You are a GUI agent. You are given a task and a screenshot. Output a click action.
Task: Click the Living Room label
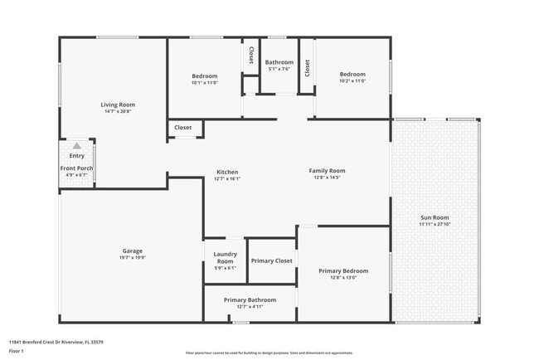[118, 105]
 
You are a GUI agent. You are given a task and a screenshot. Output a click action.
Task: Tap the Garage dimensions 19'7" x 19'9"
[133, 257]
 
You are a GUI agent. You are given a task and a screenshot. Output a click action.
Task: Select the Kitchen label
[227, 172]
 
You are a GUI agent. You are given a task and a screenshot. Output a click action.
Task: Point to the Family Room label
[327, 171]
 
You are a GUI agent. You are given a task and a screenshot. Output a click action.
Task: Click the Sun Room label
[435, 217]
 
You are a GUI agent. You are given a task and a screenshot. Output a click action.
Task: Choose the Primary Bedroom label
[343, 270]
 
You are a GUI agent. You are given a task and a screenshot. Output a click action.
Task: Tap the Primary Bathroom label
[250, 299]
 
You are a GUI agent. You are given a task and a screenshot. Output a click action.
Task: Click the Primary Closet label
[272, 260]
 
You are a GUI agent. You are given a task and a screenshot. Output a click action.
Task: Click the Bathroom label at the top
[279, 62]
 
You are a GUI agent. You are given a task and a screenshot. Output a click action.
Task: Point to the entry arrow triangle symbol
[77, 146]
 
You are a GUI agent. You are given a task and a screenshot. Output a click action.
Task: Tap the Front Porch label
[76, 168]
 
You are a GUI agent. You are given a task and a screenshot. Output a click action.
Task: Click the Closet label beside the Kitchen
[182, 128]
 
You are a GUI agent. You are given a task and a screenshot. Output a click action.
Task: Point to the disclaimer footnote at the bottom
[269, 353]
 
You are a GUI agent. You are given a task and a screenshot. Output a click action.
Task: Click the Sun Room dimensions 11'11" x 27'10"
[435, 225]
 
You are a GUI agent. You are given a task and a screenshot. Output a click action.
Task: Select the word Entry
[76, 156]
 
